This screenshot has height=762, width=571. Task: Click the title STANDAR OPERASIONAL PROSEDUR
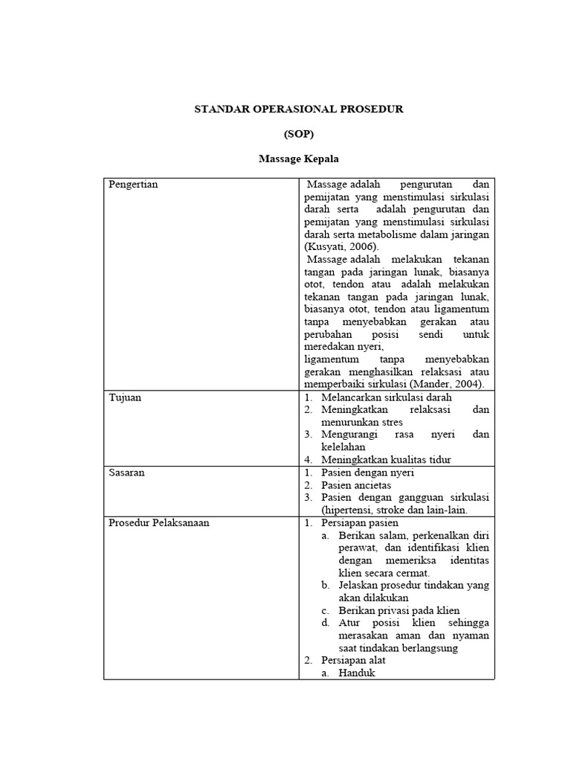(298, 109)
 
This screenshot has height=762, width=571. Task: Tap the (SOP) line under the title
(298, 134)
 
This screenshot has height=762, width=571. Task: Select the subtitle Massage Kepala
(299, 159)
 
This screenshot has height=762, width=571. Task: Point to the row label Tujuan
(125, 397)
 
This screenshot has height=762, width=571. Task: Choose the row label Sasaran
(126, 473)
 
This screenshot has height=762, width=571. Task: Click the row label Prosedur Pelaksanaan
(159, 522)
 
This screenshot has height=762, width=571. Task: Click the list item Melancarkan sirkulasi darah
(376, 397)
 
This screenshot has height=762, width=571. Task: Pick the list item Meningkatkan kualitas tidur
(386, 460)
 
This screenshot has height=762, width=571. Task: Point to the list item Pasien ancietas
(356, 485)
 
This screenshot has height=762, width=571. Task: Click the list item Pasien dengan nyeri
(368, 473)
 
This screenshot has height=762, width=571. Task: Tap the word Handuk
(357, 673)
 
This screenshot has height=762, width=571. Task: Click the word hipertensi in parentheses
(349, 510)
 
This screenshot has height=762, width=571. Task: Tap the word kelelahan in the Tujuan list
(343, 447)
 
